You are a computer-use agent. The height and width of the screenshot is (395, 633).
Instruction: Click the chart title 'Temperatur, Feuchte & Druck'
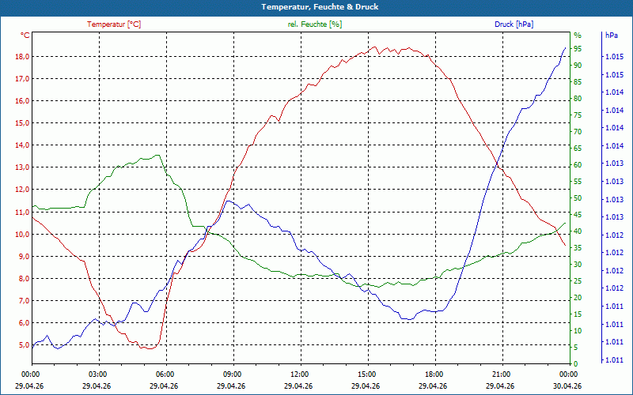tap(316, 6)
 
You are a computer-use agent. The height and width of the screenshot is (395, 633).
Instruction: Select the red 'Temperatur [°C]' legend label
tap(114, 24)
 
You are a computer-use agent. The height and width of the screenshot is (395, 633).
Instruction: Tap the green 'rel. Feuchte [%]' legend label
tap(315, 24)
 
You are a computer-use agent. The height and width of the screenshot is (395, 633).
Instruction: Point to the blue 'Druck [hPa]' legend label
tap(514, 24)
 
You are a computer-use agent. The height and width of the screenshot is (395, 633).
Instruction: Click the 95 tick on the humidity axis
tap(578, 48)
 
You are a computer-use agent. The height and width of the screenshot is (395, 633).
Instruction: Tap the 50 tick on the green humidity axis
tap(578, 197)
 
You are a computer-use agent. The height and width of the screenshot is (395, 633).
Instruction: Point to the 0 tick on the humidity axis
tap(576, 363)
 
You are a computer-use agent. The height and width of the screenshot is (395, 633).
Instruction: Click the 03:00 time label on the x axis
tap(98, 374)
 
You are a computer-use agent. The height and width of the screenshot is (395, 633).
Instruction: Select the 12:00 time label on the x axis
tap(300, 374)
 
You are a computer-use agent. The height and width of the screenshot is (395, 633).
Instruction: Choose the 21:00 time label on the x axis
tap(501, 374)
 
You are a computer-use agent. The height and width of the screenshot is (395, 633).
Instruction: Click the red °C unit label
tap(26, 36)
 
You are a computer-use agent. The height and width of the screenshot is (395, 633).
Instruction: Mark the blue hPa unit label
tap(611, 36)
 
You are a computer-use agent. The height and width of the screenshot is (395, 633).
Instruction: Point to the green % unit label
tap(578, 36)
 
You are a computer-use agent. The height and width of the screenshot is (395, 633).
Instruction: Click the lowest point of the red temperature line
tap(147, 348)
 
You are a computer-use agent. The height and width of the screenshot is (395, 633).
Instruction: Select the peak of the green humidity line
tap(159, 155)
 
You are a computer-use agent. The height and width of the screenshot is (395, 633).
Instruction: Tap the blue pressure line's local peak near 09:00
tap(229, 201)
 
